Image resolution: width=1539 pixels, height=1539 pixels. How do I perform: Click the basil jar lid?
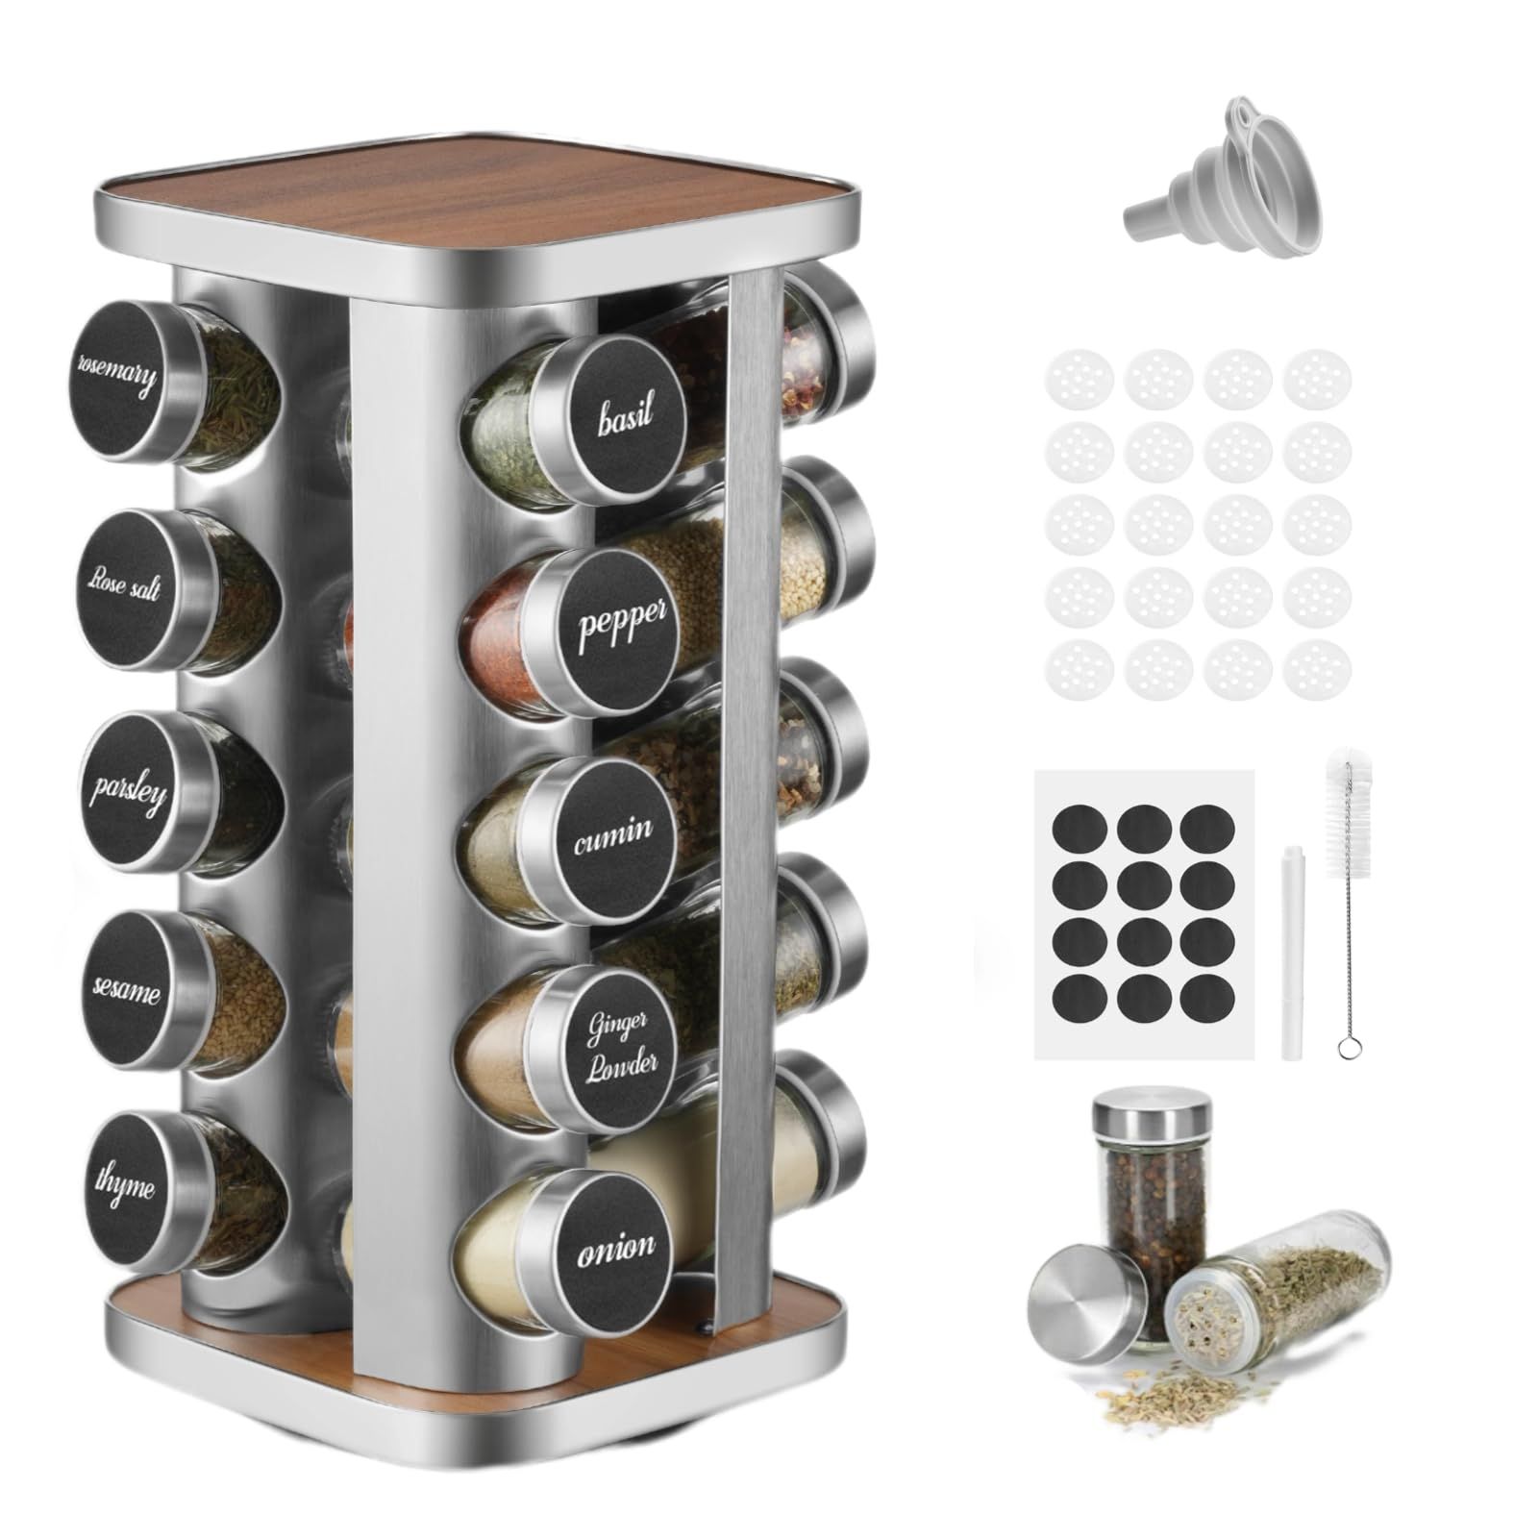point(624,416)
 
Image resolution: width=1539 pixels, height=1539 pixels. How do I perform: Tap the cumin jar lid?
point(611,833)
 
